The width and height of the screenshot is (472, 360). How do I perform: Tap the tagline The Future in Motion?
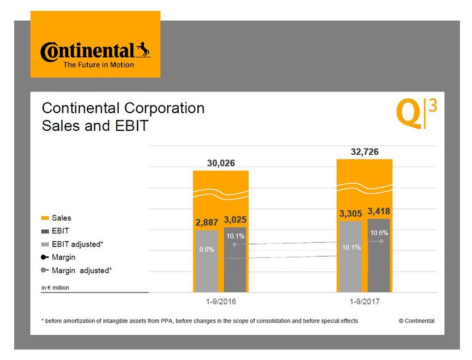(x=98, y=65)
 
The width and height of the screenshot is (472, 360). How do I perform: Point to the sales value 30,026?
(x=221, y=163)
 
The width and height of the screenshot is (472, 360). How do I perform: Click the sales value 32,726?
(x=364, y=151)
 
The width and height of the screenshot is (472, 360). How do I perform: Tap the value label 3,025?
(x=235, y=219)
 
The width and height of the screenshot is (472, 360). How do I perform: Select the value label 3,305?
(x=351, y=214)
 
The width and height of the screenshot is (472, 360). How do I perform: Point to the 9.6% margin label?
(x=206, y=250)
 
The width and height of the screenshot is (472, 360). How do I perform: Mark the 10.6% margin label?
(x=379, y=233)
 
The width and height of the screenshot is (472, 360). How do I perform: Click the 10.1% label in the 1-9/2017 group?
(x=351, y=247)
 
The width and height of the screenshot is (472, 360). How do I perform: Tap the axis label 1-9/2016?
(x=221, y=303)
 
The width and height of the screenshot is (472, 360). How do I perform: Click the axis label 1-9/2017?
(x=365, y=303)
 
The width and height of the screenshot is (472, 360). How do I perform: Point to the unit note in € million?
(x=58, y=287)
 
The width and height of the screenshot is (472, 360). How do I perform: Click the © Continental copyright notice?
(x=416, y=321)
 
